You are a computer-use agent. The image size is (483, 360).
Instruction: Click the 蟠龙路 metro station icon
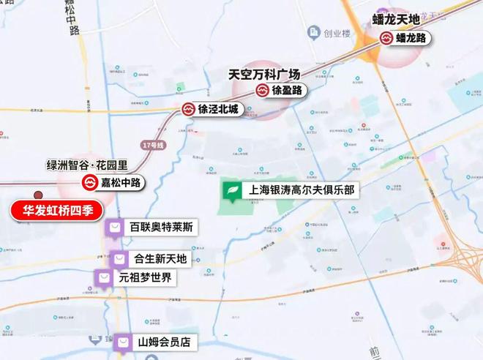(x=386, y=39)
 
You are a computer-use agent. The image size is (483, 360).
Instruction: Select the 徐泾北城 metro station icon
(x=189, y=110)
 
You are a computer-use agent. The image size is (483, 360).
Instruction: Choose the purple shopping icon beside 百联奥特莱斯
(x=114, y=228)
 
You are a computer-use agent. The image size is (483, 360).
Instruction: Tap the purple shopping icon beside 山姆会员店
(x=124, y=341)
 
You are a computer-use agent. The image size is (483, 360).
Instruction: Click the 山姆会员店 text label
(x=164, y=342)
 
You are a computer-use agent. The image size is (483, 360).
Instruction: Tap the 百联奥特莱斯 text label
(x=161, y=228)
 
